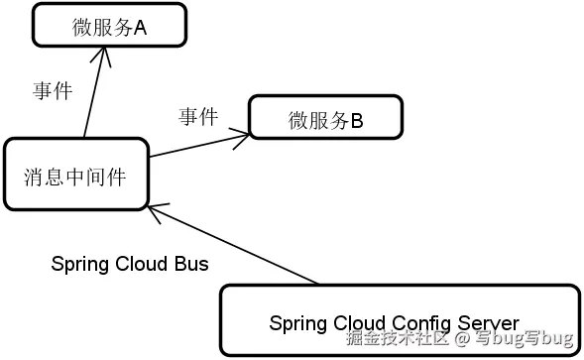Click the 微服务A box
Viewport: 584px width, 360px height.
pyautogui.click(x=108, y=26)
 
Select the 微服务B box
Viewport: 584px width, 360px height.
pyautogui.click(x=325, y=117)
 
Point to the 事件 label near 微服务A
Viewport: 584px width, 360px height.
pyautogui.click(x=53, y=91)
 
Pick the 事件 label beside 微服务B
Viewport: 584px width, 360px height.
pyautogui.click(x=198, y=116)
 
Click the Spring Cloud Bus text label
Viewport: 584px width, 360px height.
pyautogui.click(x=129, y=264)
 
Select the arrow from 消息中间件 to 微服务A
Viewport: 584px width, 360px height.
pyautogui.click(x=93, y=94)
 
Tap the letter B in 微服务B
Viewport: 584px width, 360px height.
pyautogui.click(x=357, y=121)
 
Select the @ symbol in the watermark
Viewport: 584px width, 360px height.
pyautogui.click(x=461, y=339)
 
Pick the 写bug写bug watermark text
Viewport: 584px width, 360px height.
pyautogui.click(x=523, y=339)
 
